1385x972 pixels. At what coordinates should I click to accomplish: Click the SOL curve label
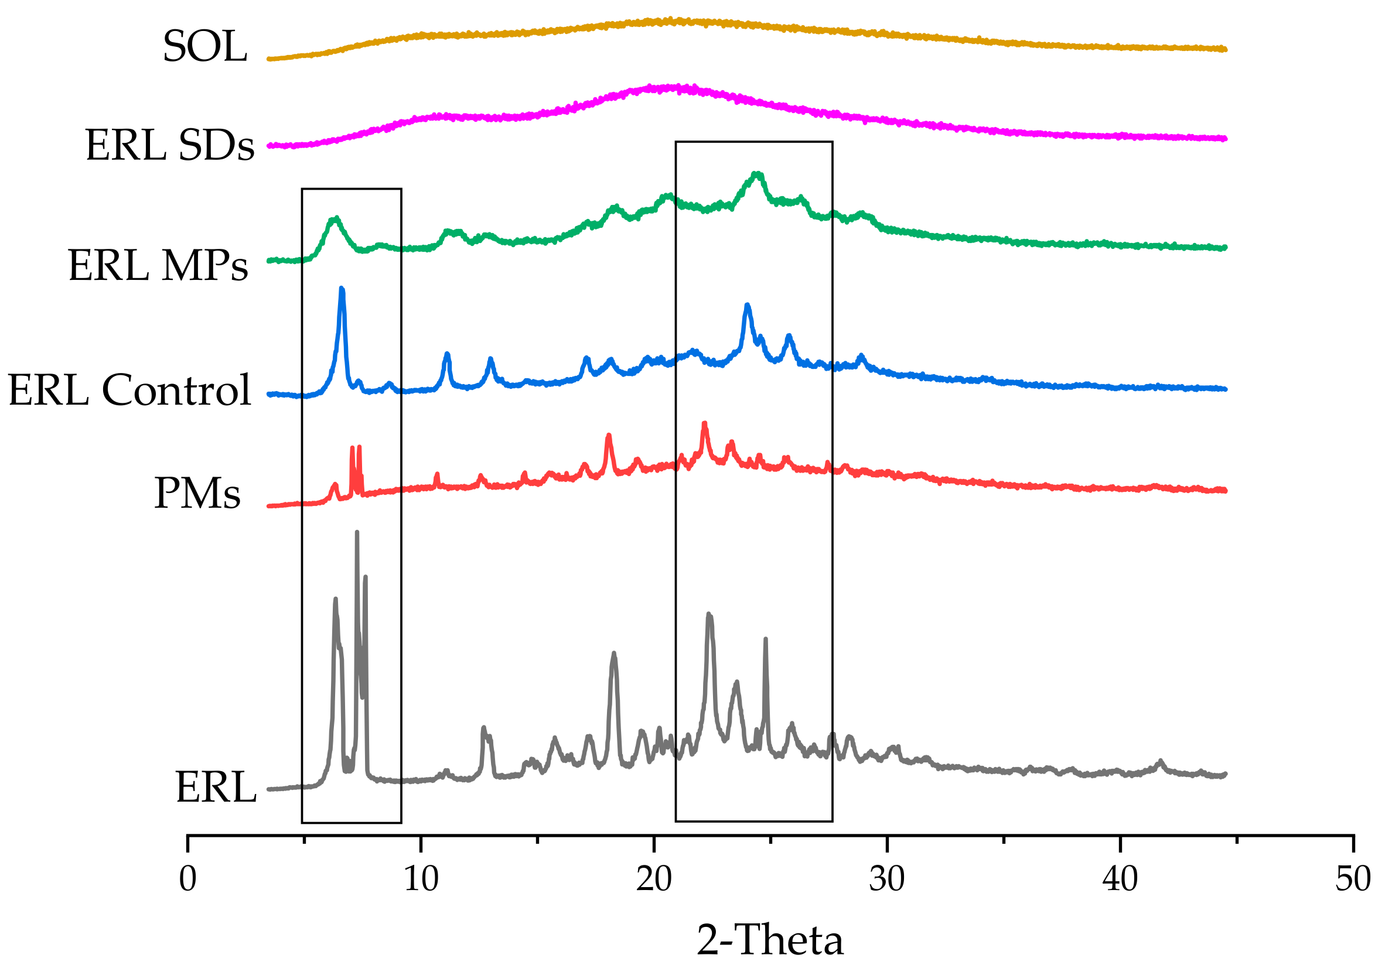204,46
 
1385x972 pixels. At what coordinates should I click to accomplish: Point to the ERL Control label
129,390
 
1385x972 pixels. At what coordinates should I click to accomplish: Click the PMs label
197,493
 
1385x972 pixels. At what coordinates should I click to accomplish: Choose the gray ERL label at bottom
216,788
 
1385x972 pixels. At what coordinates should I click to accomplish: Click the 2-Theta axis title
770,940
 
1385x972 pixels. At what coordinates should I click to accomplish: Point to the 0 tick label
187,879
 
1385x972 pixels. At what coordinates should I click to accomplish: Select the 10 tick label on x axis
421,879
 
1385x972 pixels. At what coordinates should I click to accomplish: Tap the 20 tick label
653,879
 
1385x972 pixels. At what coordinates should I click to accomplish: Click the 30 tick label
887,879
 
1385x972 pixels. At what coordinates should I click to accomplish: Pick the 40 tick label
1120,879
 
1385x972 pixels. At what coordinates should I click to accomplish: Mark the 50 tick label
1353,879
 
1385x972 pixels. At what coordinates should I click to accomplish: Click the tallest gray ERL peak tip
357,532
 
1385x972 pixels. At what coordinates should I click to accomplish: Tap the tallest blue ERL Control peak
342,289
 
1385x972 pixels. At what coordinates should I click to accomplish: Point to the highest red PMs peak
705,423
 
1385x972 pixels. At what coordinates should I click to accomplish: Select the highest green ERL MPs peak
757,174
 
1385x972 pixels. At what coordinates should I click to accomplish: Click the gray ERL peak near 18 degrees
614,653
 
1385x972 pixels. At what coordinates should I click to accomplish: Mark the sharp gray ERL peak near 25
766,639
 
